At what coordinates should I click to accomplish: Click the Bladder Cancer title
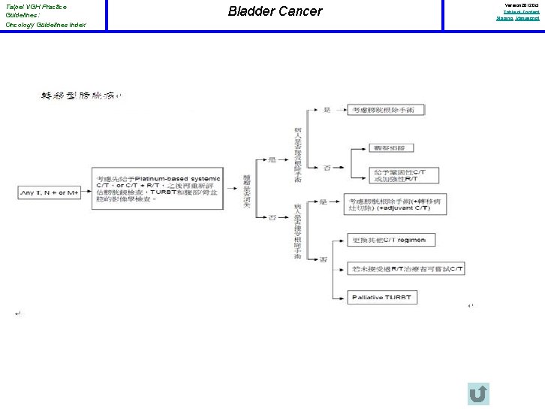click(275, 11)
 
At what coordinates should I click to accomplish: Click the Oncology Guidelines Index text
click(46, 25)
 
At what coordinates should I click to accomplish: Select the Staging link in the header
click(504, 17)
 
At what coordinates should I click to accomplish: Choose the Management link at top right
click(527, 17)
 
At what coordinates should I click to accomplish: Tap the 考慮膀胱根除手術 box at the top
click(387, 111)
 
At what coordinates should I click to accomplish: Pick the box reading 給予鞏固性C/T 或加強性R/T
click(399, 176)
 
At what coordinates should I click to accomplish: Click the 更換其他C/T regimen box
click(393, 241)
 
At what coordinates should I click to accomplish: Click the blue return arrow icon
click(477, 394)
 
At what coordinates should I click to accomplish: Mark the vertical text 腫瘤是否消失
click(248, 191)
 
